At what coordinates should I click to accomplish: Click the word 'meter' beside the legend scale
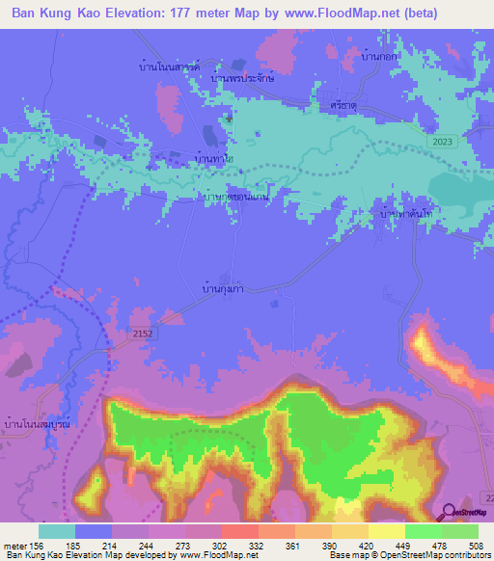15,544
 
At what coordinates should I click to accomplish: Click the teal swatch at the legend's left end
57,530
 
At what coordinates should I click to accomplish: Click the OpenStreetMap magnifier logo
448,513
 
